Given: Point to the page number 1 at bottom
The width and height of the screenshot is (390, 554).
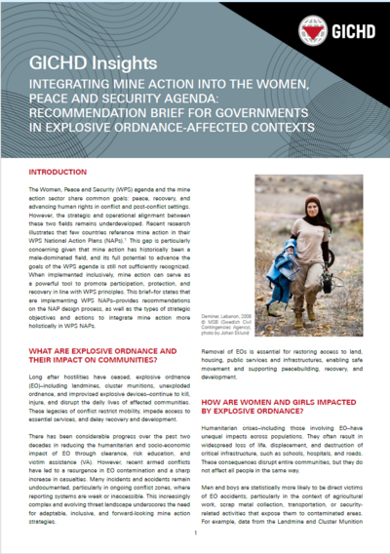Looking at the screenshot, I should tap(195, 534).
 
